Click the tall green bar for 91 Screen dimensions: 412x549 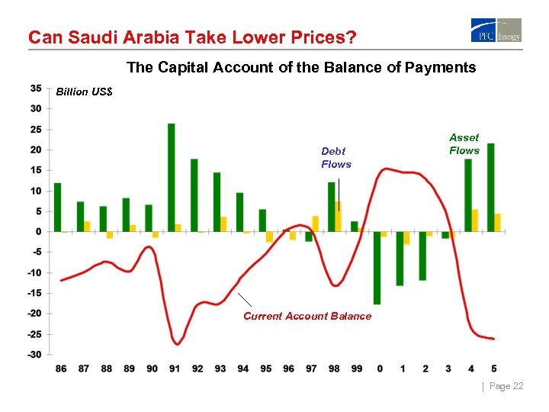[x=172, y=177]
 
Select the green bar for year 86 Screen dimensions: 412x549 [x=57, y=207]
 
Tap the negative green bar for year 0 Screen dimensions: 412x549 [x=377, y=268]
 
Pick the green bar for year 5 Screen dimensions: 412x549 [x=490, y=187]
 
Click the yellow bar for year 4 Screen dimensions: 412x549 [x=475, y=220]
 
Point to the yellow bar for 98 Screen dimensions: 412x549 [x=339, y=217]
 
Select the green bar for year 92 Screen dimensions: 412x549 [x=194, y=195]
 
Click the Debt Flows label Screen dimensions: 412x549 [x=336, y=158]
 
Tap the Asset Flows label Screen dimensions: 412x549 [x=464, y=143]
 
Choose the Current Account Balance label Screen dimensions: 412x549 [x=307, y=316]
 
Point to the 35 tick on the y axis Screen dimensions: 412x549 [x=36, y=88]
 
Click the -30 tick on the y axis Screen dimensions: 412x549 [x=34, y=354]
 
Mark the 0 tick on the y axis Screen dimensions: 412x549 [x=38, y=231]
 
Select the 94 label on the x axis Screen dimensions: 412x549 [x=242, y=369]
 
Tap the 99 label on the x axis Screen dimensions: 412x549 [x=357, y=369]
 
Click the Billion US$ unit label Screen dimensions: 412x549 [x=85, y=92]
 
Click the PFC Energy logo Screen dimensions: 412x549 [x=496, y=31]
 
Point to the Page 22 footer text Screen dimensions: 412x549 [x=506, y=386]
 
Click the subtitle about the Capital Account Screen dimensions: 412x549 [x=301, y=67]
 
